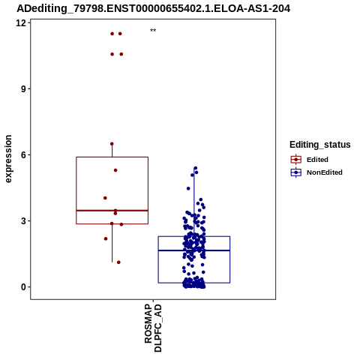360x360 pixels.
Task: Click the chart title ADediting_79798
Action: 153,8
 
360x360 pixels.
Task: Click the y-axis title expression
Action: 8,159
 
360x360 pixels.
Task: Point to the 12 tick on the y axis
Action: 21,23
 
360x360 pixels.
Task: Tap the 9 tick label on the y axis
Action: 24,89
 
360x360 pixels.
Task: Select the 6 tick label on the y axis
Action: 24,155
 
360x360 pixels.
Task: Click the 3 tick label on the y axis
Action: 24,221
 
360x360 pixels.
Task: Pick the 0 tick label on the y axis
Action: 24,287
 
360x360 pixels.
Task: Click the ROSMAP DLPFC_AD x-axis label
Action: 153,328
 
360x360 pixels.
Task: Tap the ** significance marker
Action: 153,31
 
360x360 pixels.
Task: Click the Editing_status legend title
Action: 320,145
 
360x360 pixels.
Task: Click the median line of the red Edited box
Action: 112,211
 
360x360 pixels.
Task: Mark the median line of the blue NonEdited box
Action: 194,250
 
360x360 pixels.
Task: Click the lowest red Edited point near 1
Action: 118,262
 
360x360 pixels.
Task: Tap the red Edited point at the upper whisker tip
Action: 112,144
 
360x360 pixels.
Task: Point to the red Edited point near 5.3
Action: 115,170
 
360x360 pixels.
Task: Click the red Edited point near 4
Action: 105,198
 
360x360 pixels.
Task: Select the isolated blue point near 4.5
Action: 188,188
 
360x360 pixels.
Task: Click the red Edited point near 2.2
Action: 106,238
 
